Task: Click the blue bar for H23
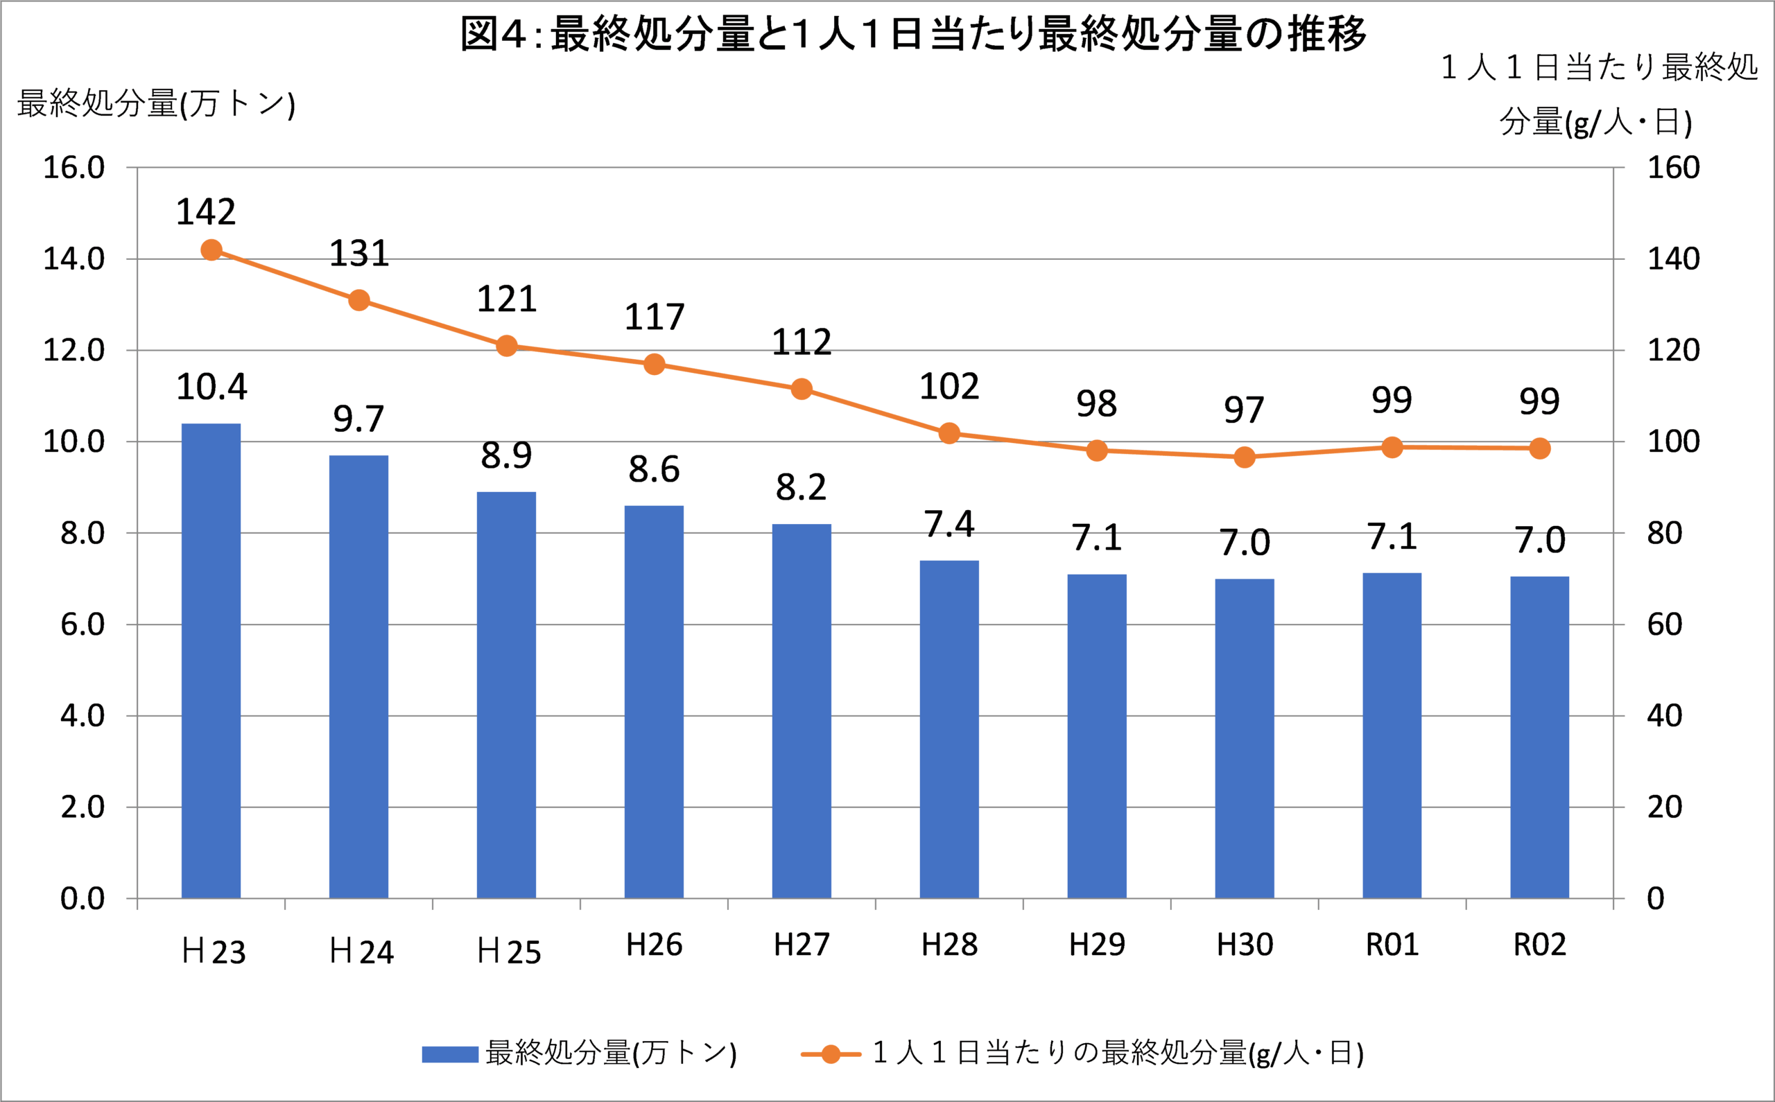(x=211, y=661)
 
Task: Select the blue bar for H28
(x=949, y=729)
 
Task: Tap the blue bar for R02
(x=1539, y=737)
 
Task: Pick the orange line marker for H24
(x=358, y=300)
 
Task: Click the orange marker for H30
(x=1245, y=457)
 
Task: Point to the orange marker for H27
(x=801, y=390)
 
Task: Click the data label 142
(x=207, y=212)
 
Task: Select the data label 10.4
(x=211, y=386)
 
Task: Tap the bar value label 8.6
(x=654, y=469)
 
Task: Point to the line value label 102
(x=949, y=386)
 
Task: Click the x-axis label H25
(x=509, y=952)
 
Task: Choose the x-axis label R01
(x=1392, y=945)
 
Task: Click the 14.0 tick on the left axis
(x=73, y=259)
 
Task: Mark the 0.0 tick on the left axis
(x=83, y=899)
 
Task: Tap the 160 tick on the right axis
(x=1674, y=168)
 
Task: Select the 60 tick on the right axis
(x=1664, y=624)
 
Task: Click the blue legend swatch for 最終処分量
(x=450, y=1054)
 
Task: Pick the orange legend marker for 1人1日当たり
(x=830, y=1054)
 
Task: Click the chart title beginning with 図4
(x=913, y=34)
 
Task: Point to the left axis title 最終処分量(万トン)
(x=156, y=103)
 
